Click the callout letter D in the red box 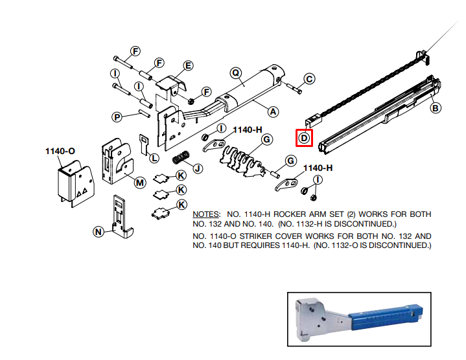(304, 137)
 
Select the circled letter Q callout (236, 73)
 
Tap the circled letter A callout (273, 111)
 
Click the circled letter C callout (309, 79)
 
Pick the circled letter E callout (188, 65)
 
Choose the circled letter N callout (99, 231)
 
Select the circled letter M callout (140, 182)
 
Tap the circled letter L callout (154, 157)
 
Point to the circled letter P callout (117, 117)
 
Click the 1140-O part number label (60, 151)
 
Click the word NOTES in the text (207, 214)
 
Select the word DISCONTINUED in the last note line (396, 246)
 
